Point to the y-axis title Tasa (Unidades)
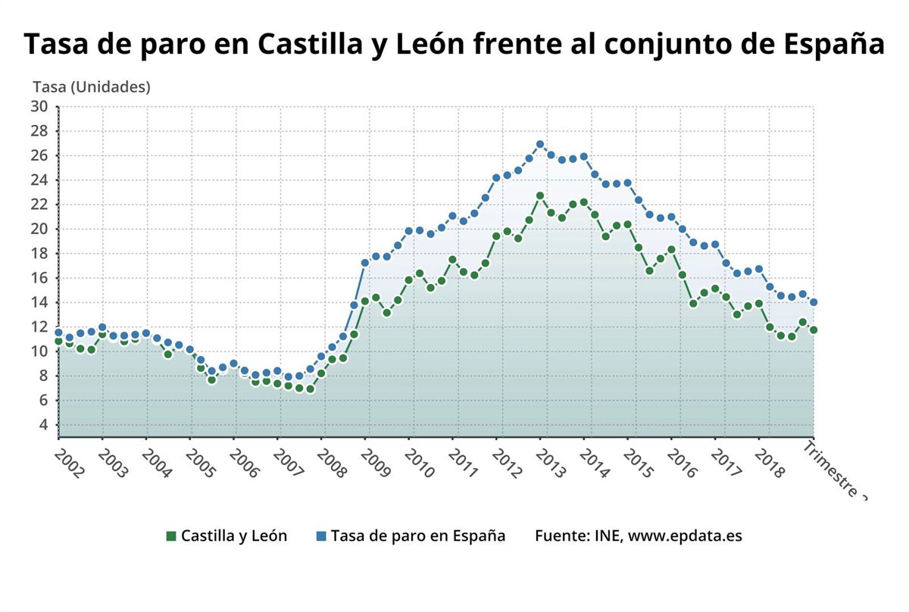click(x=92, y=87)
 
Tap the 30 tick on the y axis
click(x=39, y=107)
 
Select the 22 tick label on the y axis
click(x=39, y=205)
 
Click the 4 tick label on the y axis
click(x=43, y=425)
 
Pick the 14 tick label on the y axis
click(x=39, y=302)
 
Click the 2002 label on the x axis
click(x=70, y=462)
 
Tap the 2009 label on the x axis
click(x=376, y=462)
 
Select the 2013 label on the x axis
click(x=551, y=462)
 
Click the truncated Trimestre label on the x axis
click(x=835, y=470)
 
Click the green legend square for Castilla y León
click(x=171, y=536)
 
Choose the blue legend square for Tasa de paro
click(x=321, y=536)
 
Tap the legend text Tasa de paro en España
click(x=418, y=535)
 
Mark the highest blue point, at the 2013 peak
click(x=540, y=144)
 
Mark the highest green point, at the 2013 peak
click(x=540, y=195)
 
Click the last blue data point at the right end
click(x=814, y=302)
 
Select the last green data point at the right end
click(x=814, y=330)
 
